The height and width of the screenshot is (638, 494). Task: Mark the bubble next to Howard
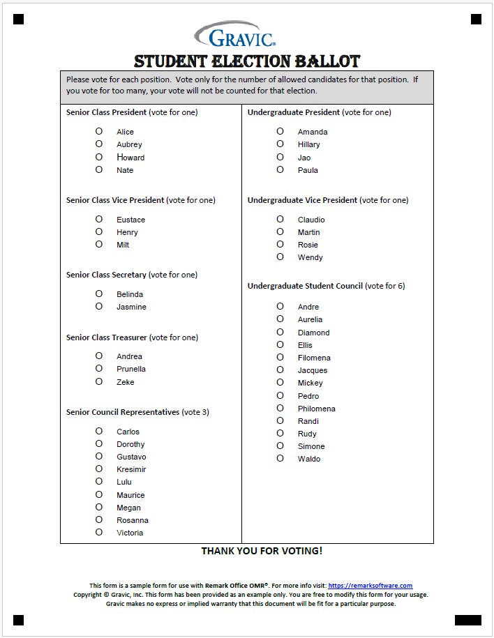99,157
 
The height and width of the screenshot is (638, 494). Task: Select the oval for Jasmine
99,306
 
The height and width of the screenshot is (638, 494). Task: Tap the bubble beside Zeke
99,381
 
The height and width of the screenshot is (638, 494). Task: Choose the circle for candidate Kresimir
99,469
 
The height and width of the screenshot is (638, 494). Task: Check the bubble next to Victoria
99,532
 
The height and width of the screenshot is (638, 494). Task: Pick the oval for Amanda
280,131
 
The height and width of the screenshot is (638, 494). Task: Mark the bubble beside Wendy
280,257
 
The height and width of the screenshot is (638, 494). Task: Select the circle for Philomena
280,408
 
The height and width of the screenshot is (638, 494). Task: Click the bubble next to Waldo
280,458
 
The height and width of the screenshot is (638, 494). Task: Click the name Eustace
130,220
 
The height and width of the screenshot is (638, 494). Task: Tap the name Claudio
311,220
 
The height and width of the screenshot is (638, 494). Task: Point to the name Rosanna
132,520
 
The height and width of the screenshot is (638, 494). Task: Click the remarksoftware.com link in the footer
370,586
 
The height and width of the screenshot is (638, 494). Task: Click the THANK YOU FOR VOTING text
262,551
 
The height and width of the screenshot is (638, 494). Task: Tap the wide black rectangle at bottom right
467,619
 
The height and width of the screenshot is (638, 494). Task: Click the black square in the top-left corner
18,19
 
